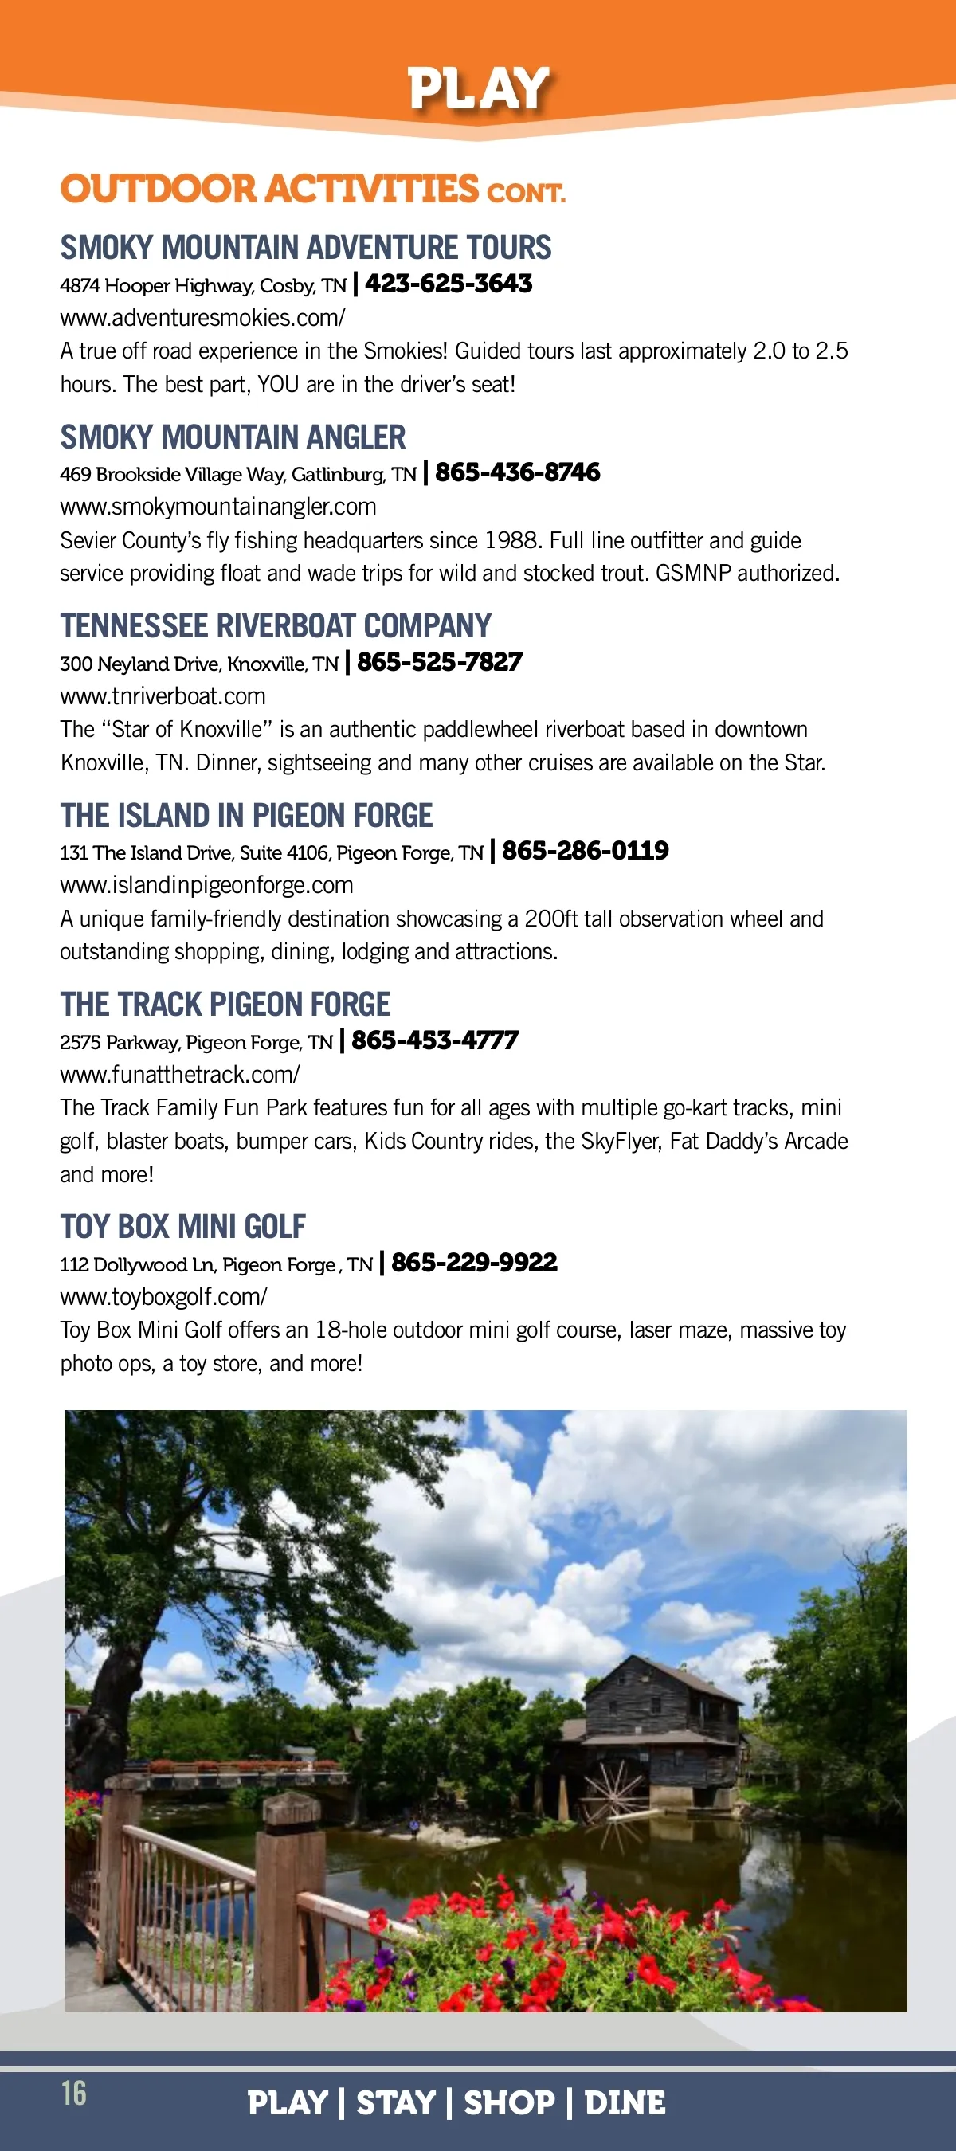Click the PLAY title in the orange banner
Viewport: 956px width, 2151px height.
[x=477, y=88]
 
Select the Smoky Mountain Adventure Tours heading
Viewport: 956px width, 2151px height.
[x=306, y=248]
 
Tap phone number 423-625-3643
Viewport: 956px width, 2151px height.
[x=449, y=284]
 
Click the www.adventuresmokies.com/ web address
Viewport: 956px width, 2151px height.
[x=202, y=318]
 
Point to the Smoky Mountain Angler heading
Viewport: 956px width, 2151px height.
[x=233, y=437]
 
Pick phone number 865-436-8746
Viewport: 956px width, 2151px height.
[x=518, y=472]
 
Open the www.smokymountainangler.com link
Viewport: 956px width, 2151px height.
[x=218, y=507]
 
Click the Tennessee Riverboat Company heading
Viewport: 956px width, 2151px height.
[x=276, y=626]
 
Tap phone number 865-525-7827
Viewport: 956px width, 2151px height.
[x=440, y=662]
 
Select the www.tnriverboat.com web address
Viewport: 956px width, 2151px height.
[x=163, y=696]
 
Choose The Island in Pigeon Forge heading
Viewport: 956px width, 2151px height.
[x=246, y=816]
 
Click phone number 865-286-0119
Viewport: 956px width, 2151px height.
[x=586, y=851]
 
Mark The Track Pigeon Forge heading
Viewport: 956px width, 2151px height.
[x=225, y=1005]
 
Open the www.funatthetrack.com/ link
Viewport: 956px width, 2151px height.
[x=179, y=1075]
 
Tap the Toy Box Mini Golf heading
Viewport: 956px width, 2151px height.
[x=183, y=1227]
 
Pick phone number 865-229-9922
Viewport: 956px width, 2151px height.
[x=474, y=1263]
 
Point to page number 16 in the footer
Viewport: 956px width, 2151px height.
[x=73, y=2093]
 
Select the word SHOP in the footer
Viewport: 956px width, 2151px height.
[x=508, y=2102]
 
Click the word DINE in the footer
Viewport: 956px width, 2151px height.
[x=625, y=2102]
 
